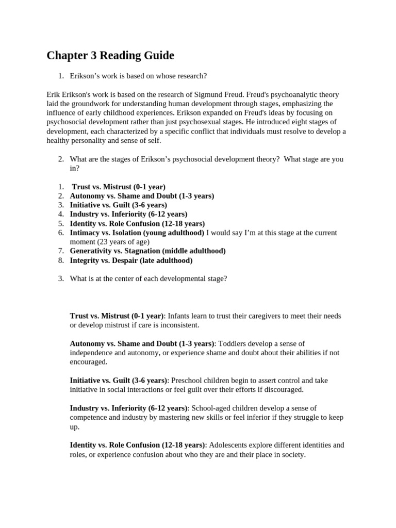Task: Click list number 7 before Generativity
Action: pyautogui.click(x=60, y=251)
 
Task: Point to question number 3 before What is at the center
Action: pyautogui.click(x=60, y=279)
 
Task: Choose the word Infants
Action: pyautogui.click(x=179, y=316)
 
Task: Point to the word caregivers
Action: pyautogui.click(x=243, y=316)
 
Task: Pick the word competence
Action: pyautogui.click(x=89, y=418)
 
